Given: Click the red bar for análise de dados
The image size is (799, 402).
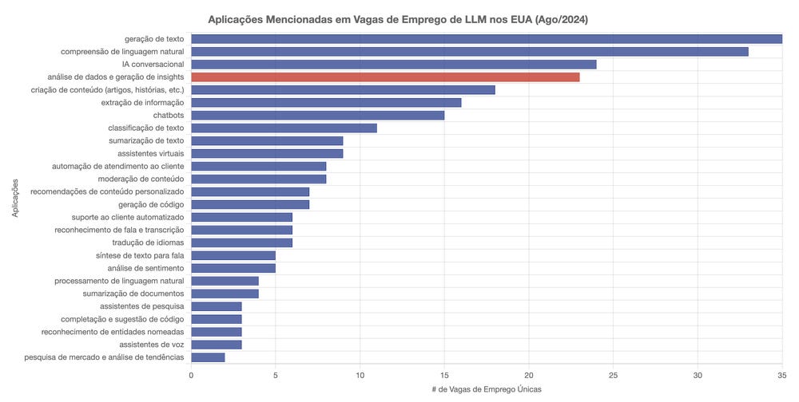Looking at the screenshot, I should [x=385, y=77].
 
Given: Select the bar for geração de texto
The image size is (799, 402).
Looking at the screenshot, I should [x=486, y=38].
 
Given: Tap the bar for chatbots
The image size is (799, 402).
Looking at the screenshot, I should [x=317, y=115].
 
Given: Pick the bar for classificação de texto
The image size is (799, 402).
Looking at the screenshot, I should [x=284, y=128].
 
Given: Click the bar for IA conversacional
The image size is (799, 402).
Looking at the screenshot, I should [x=393, y=64].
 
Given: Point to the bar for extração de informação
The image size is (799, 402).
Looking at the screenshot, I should [x=326, y=102].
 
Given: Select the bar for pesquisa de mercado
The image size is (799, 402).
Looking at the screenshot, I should [x=208, y=357].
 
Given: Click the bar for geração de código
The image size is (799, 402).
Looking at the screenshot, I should [x=250, y=204].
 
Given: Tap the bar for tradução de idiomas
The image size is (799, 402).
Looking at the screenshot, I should [x=241, y=242].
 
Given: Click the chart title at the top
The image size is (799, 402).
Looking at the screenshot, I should [x=398, y=18].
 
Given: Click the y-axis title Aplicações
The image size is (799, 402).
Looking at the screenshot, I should [x=16, y=198].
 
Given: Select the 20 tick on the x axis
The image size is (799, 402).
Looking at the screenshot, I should [x=529, y=374].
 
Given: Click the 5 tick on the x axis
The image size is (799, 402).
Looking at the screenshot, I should [x=276, y=374].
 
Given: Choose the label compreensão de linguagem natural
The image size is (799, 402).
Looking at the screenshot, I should [x=123, y=51].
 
